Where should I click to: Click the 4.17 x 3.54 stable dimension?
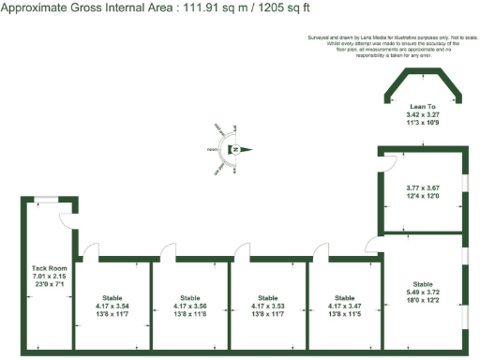point(112,306)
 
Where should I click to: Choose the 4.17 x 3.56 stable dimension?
point(190,306)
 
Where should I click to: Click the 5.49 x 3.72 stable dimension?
point(422,291)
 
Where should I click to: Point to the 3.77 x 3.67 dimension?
point(422,187)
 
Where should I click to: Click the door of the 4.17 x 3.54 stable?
point(90,251)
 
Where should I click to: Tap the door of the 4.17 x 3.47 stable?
point(322,251)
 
